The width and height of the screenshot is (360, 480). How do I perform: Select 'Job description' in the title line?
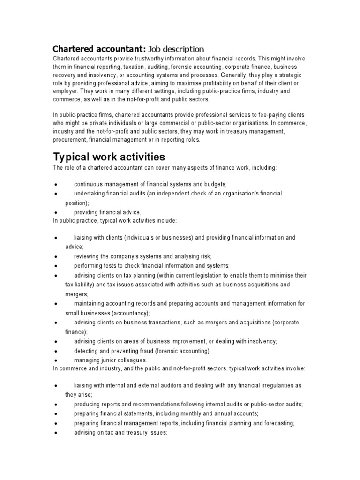[177, 49]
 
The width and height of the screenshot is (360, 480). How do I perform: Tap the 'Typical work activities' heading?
[109, 156]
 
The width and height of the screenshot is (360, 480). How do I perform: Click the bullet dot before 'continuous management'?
[56, 185]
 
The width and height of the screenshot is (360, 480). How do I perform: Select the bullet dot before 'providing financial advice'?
[56, 212]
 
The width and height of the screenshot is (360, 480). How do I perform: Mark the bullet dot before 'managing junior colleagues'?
[56, 360]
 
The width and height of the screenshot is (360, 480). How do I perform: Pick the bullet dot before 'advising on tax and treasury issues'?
[56, 433]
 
